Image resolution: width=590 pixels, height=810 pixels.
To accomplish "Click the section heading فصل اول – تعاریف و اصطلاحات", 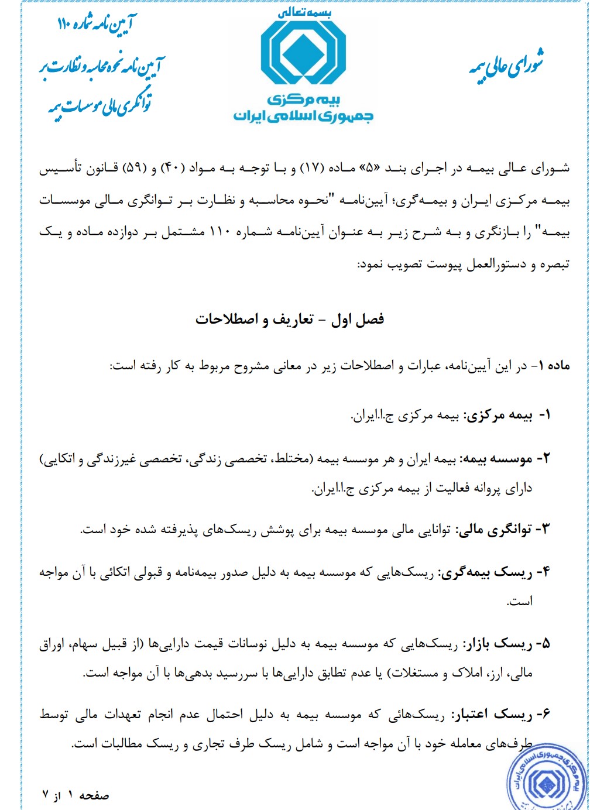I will point(290,320).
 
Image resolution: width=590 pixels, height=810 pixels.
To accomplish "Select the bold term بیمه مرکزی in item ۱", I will point(498,416).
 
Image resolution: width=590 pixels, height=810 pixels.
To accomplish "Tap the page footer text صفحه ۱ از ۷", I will point(76,795).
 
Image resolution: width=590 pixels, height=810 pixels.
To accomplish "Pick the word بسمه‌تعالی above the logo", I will point(304,13).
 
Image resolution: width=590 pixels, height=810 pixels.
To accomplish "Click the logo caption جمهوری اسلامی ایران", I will point(303,115).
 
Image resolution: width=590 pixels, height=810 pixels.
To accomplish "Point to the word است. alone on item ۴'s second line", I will point(520,601).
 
